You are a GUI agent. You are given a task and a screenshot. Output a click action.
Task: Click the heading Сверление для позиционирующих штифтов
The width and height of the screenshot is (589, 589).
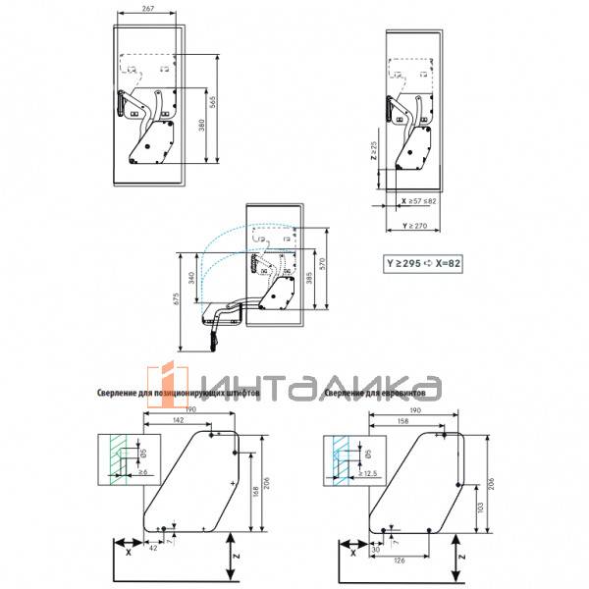pos(178,393)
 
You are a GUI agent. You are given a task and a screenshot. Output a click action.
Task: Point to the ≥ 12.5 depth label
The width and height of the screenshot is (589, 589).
pos(368,473)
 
